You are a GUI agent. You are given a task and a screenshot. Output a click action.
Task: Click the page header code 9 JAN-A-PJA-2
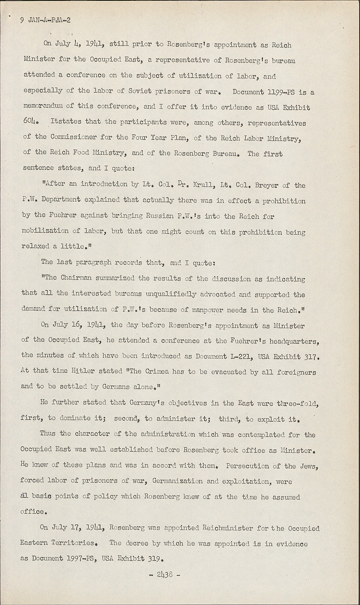[45, 20]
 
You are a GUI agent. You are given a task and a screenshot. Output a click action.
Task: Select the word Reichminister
[228, 528]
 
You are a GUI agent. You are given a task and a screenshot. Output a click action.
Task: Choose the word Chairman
[78, 278]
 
